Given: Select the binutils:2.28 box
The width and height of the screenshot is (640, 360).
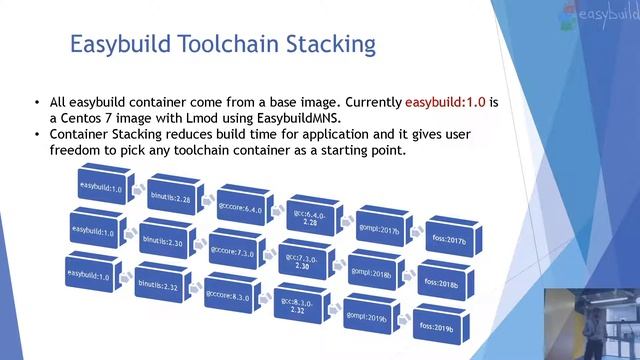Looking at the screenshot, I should [x=169, y=197].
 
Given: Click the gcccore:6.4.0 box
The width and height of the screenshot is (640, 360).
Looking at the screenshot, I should [x=239, y=210].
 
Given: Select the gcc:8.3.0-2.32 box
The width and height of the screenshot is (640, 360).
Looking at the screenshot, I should [x=299, y=306].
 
